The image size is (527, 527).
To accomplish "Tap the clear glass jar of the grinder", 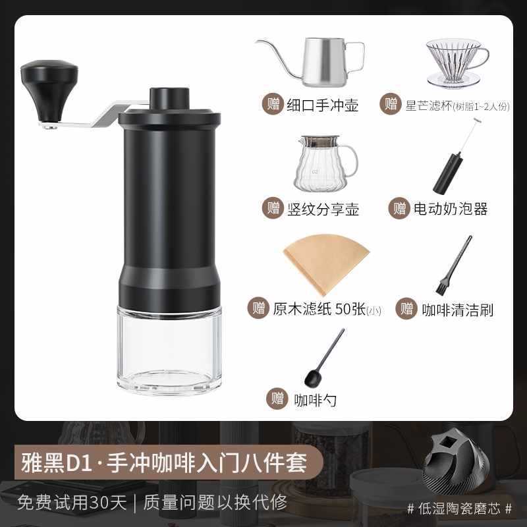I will pyautogui.click(x=169, y=346).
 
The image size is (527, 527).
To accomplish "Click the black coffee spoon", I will pyautogui.click(x=322, y=359).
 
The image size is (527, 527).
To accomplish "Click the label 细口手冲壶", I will pyautogui.click(x=323, y=104).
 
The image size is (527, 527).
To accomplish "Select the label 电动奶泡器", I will pyautogui.click(x=450, y=209).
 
